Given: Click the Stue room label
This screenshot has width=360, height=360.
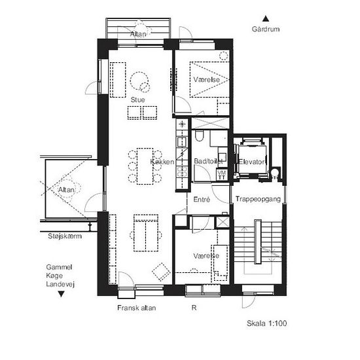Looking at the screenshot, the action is click(x=137, y=99).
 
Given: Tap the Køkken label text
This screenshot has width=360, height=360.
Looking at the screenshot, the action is click(x=162, y=162).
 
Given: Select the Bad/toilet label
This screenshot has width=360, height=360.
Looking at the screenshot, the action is click(x=208, y=161).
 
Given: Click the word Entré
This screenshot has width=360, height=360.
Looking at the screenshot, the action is click(x=202, y=199).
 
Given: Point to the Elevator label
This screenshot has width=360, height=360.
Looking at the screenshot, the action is click(x=251, y=162).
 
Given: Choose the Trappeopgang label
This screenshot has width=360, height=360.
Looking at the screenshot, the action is click(x=258, y=199).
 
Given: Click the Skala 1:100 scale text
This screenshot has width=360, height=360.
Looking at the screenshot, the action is click(x=267, y=323).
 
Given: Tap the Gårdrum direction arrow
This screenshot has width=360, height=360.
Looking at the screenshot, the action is click(x=266, y=18).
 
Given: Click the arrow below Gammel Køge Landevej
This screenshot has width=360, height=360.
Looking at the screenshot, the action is click(x=61, y=294).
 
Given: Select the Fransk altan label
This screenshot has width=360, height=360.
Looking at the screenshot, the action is click(x=137, y=308).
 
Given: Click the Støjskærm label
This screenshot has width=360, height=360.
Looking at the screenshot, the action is click(x=65, y=236).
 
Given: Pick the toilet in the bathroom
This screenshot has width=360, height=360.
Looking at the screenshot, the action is click(x=199, y=135).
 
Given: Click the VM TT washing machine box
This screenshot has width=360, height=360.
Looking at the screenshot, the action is click(x=221, y=175).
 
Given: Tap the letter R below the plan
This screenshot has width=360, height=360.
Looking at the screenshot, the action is click(x=194, y=308).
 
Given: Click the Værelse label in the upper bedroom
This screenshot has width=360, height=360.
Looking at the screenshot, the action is click(x=207, y=79).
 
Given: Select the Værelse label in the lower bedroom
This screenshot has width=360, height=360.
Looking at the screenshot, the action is click(x=206, y=255).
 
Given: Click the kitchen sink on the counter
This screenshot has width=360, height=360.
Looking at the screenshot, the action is click(x=182, y=141).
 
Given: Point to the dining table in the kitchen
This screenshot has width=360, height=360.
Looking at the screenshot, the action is click(x=145, y=166).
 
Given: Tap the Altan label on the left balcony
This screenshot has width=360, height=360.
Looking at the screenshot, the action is click(x=66, y=190).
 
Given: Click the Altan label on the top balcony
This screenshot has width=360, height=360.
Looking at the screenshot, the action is click(x=138, y=34).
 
